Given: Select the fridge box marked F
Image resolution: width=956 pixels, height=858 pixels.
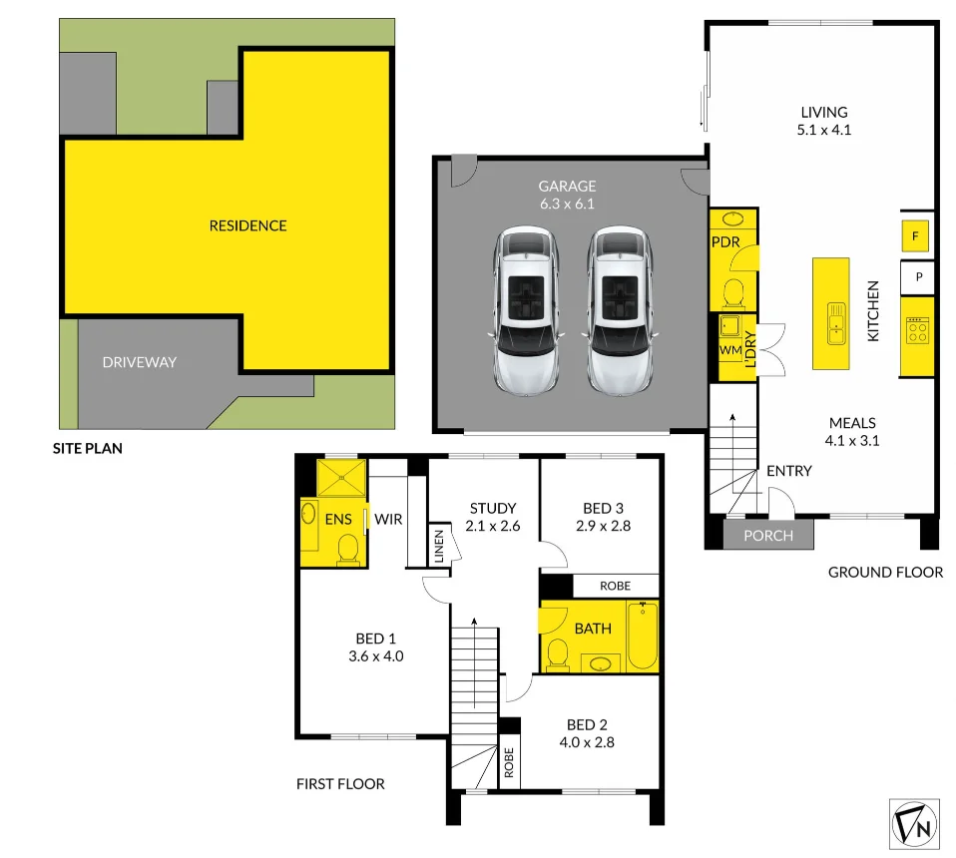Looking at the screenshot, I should (915, 236).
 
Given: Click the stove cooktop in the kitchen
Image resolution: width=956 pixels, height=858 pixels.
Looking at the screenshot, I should (916, 331).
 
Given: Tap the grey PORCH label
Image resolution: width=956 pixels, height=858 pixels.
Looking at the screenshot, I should (768, 536).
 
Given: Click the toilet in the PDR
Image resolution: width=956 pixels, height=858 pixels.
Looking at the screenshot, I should (733, 292).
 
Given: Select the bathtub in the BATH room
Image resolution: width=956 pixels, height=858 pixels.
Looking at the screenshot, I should (643, 636).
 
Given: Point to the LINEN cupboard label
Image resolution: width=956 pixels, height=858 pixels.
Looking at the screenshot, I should (438, 546).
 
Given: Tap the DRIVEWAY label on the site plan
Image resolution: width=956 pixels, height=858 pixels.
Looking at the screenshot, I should (139, 362).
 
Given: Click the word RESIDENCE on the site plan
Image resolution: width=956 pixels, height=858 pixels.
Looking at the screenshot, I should (247, 226).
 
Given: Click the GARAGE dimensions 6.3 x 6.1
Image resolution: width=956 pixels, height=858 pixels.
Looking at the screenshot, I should (567, 204).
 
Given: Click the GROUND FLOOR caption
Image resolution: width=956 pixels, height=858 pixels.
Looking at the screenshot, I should (885, 573).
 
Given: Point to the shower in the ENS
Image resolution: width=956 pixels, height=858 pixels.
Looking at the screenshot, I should (341, 475).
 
